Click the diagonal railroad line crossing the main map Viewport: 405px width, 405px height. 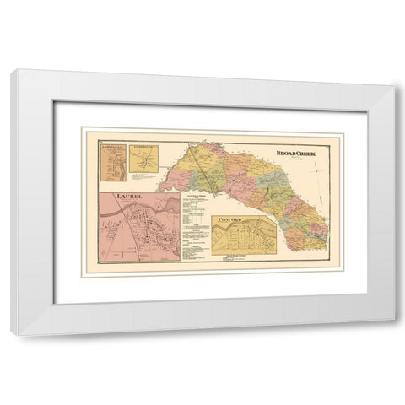point(199,165)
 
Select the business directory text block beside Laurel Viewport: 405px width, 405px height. point(193,228)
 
